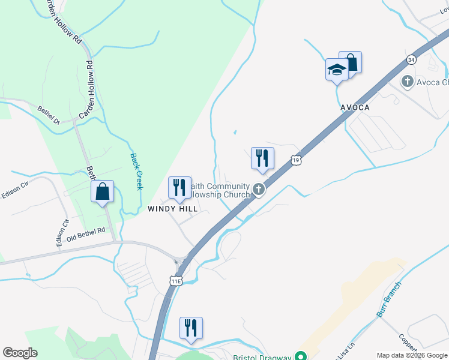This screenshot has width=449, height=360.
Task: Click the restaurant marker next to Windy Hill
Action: click(x=179, y=188)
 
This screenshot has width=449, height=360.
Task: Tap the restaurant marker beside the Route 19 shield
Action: click(x=262, y=158)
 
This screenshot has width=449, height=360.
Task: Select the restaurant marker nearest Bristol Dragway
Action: click(x=191, y=328)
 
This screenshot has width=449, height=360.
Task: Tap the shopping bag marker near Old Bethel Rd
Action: click(x=103, y=192)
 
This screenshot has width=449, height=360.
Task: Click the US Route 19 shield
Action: click(x=295, y=160)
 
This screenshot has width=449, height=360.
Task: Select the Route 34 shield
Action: click(x=411, y=60)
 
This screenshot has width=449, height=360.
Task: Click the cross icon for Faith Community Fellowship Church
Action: click(x=259, y=190)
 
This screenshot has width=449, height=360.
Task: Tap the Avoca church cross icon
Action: click(x=408, y=81)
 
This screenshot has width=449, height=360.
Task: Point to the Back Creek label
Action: click(x=136, y=171)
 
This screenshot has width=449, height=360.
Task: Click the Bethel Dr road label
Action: click(x=49, y=115)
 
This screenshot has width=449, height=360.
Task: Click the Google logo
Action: click(x=20, y=353)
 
